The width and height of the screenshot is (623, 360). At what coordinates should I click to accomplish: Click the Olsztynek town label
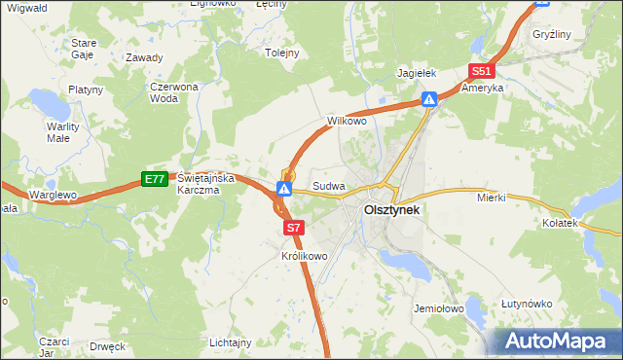392,209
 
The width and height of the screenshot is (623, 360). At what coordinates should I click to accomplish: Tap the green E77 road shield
154,179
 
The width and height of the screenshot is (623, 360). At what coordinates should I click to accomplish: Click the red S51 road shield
482,71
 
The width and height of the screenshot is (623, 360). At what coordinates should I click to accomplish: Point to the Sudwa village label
329,185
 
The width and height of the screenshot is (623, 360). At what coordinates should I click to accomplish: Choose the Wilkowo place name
347,122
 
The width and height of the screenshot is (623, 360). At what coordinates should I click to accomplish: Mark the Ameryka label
483,88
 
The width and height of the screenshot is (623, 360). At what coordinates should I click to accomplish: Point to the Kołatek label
561,223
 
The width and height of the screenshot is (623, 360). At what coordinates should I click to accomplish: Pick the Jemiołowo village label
436,307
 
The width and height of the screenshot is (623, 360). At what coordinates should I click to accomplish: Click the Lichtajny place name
231,342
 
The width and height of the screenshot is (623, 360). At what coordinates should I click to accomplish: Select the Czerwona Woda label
174,92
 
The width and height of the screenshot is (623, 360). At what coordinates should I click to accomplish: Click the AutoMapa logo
558,342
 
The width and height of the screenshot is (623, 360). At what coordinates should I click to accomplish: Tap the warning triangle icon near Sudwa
284,187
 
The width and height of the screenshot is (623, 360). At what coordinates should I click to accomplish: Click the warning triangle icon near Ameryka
429,98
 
